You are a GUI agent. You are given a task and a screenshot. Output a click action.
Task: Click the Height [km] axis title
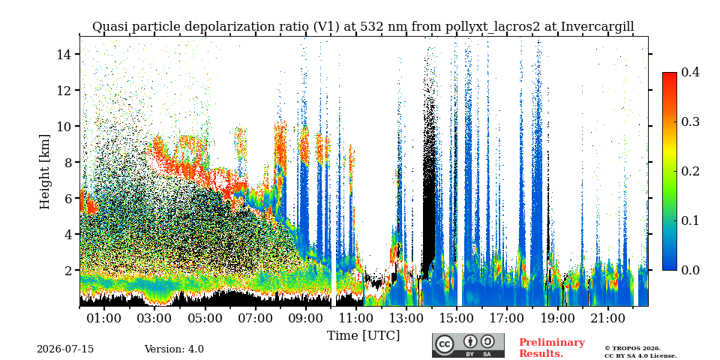(x=44, y=172)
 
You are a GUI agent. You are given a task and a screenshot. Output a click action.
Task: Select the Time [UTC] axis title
(x=363, y=336)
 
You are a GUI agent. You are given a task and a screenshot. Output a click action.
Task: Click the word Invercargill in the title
(x=598, y=27)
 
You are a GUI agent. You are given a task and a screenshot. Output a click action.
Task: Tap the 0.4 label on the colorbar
(x=690, y=72)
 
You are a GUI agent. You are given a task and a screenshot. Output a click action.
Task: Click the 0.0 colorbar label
(x=690, y=270)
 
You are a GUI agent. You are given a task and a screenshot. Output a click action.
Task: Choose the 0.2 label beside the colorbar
(x=690, y=171)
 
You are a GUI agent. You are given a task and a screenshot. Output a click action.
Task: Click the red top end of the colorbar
(x=670, y=74)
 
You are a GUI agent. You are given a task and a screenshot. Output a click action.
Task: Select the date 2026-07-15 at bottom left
(x=65, y=349)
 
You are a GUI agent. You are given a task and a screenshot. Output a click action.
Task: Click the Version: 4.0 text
(x=174, y=349)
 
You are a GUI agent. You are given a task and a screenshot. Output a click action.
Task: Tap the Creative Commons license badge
(x=468, y=345)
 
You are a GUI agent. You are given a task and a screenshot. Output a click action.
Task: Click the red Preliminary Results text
(x=552, y=347)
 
